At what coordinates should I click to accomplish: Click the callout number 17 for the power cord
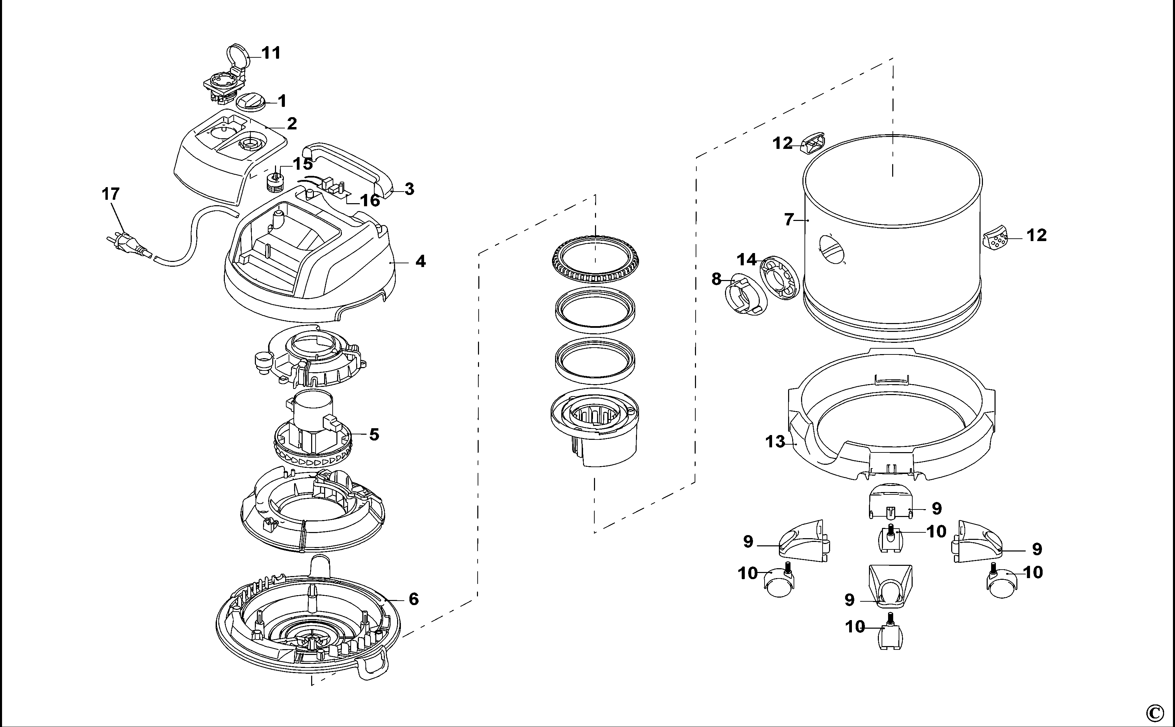point(111,194)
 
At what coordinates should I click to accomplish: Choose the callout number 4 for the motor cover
point(420,262)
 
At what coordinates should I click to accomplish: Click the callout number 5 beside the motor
point(374,435)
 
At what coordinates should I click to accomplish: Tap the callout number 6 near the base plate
point(413,599)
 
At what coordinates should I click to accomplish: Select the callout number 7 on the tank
point(789,220)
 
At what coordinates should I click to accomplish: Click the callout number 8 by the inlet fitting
point(716,279)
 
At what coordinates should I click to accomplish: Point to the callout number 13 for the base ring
point(774,442)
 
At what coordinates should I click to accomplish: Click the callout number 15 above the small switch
point(303,164)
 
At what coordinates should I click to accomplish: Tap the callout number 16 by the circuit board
point(370,200)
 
